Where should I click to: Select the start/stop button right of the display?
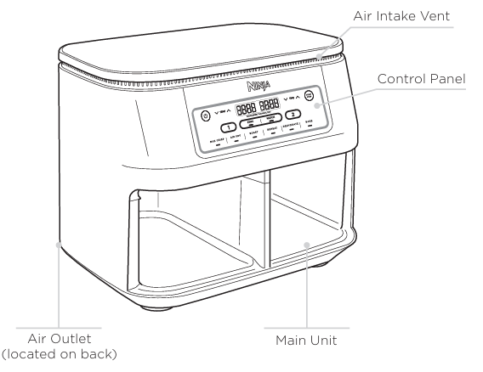310,97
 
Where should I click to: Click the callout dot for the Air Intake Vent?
321,54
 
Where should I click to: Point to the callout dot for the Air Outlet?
57,245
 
